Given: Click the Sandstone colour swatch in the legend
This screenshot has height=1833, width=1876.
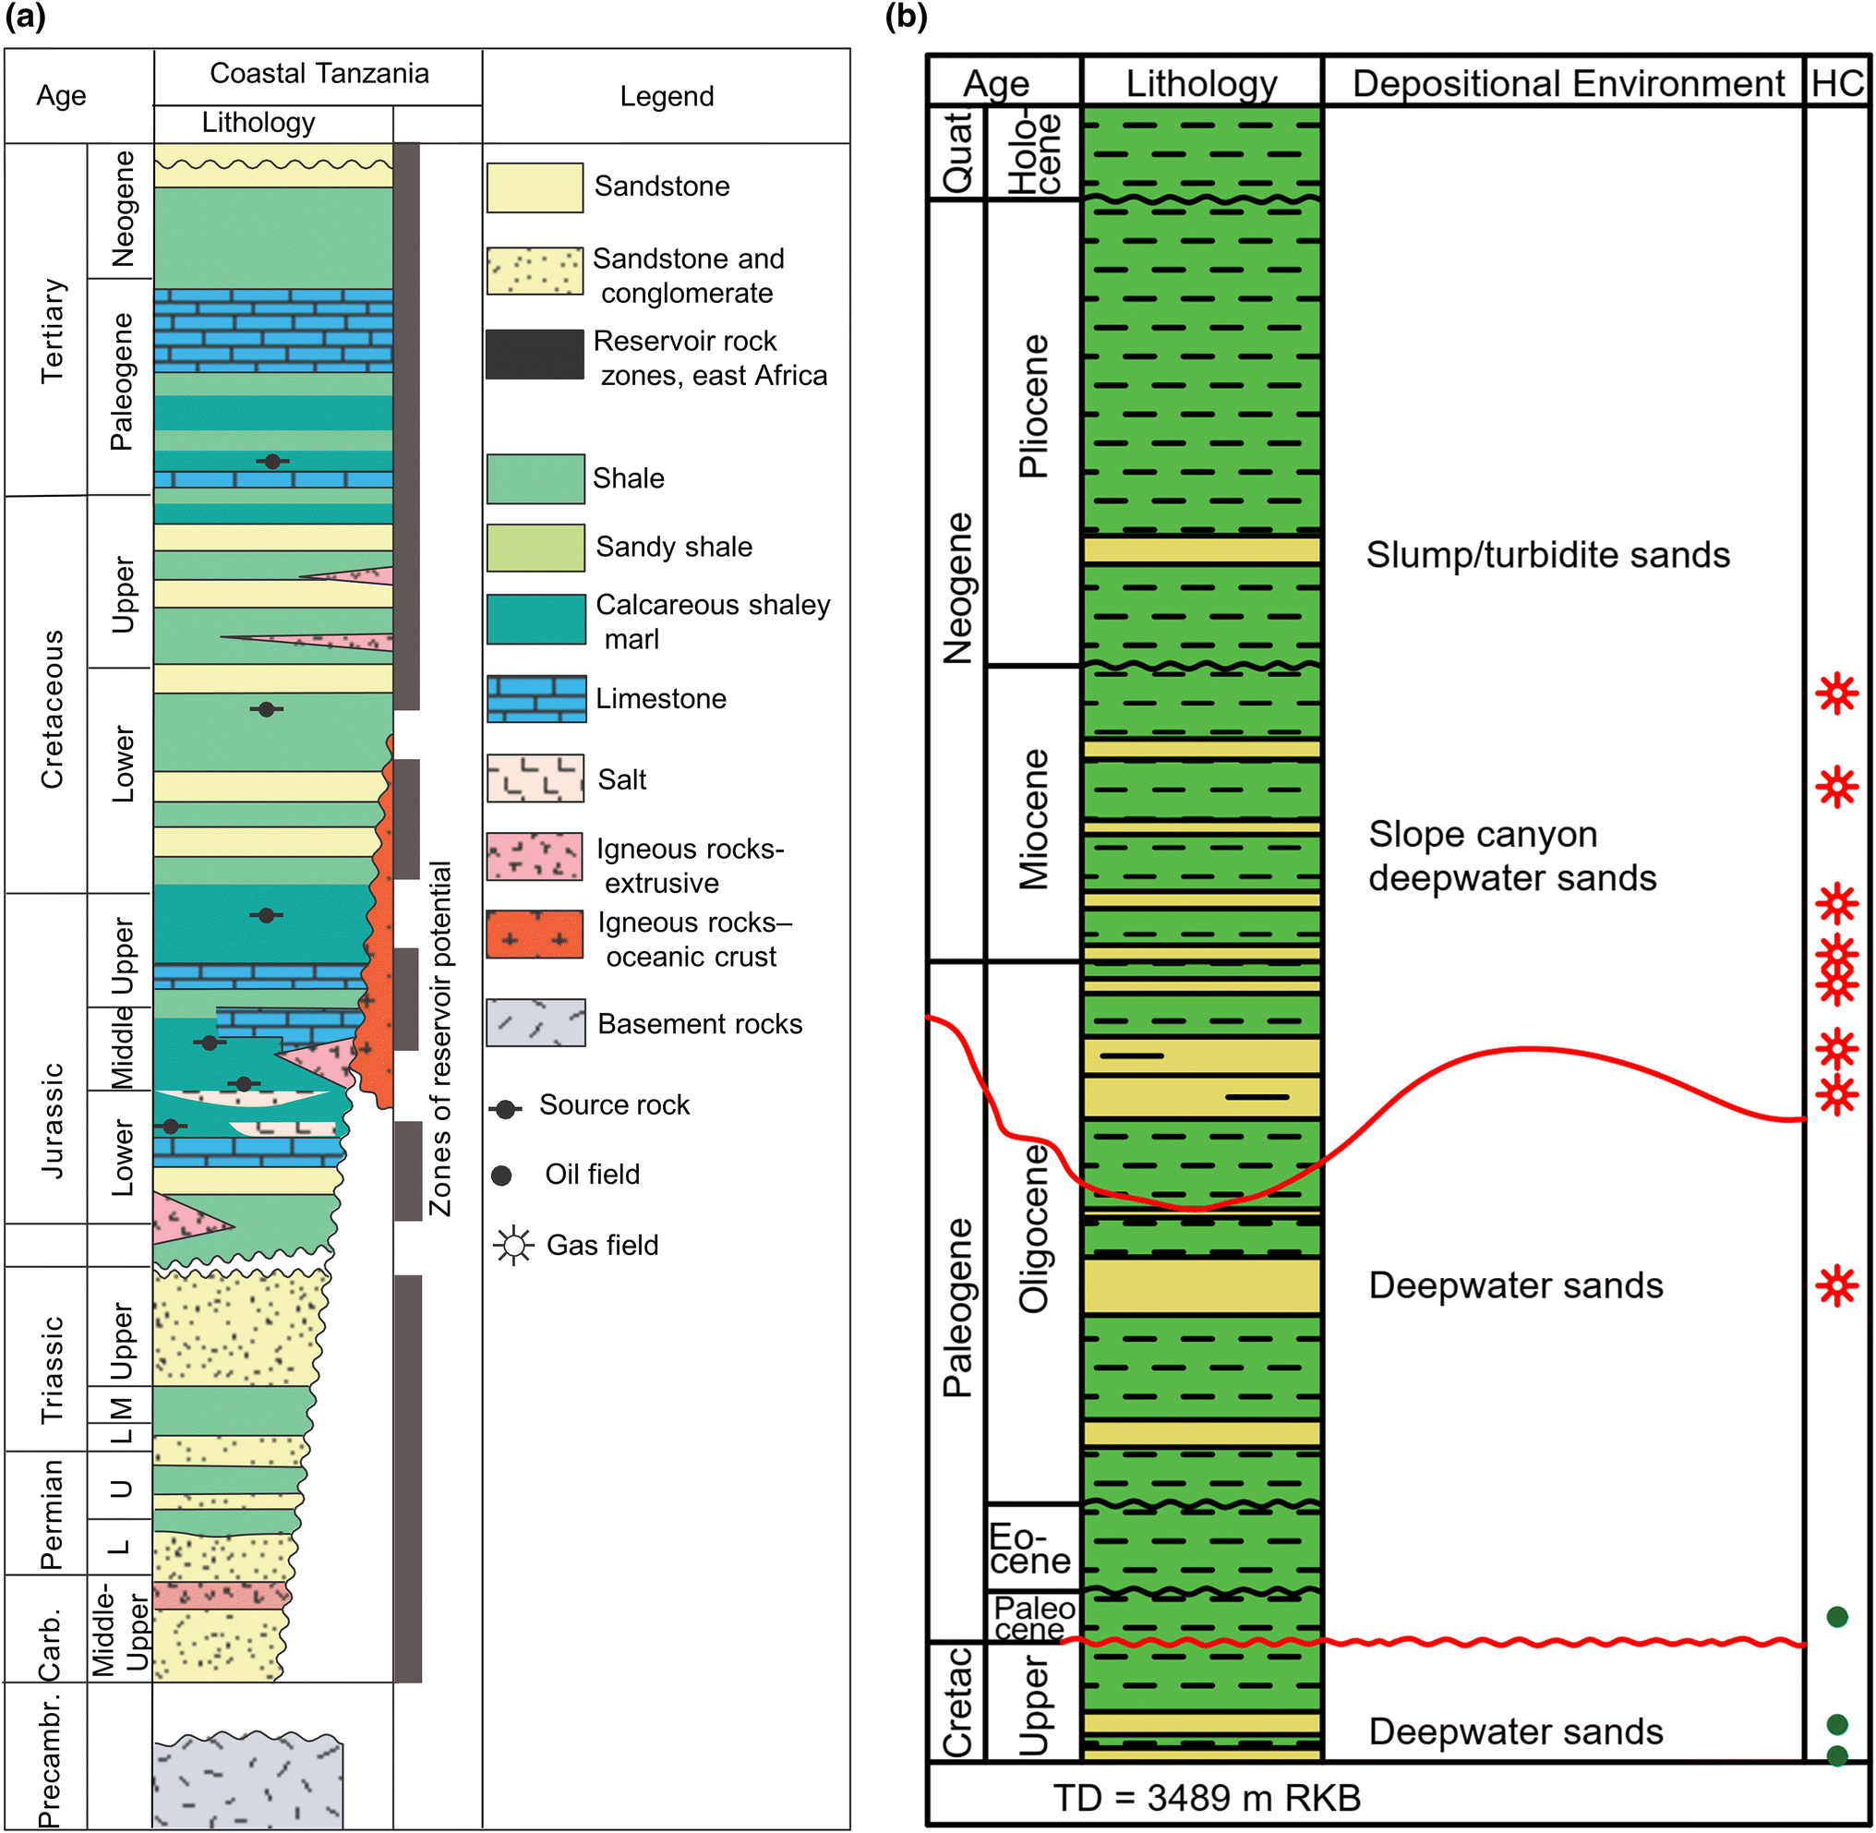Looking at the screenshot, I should point(535,187).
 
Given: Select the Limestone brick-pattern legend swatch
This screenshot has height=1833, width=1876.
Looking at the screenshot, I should point(536,699).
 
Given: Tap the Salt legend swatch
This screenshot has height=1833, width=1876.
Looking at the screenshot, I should point(535,778).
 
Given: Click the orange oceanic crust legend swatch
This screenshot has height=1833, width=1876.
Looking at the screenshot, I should point(535,935).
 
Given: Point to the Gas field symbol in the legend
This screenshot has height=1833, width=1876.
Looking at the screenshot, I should point(513,1246).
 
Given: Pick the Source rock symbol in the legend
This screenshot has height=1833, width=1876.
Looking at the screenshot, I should point(505,1109).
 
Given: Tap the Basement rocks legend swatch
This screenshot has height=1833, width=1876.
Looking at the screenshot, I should point(535,1022).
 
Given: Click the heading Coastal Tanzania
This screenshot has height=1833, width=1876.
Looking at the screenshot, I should point(319,74).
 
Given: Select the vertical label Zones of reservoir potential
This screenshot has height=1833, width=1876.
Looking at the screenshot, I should point(439,1040).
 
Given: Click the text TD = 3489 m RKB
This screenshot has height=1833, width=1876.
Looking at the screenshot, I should point(1206,1797).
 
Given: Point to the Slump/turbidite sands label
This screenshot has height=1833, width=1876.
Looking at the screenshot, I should point(1546,556).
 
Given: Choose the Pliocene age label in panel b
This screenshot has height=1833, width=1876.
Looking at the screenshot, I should point(1034,406).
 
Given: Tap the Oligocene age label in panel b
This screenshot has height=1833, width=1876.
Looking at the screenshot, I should point(1034,1228).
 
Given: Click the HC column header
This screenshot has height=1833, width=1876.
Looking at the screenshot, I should point(1836,84).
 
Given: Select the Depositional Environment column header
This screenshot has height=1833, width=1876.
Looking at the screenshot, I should point(1568,84).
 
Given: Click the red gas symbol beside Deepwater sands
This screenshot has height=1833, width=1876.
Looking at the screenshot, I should point(1836,1285).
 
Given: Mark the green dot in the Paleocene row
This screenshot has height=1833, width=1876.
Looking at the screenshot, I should point(1836,1616).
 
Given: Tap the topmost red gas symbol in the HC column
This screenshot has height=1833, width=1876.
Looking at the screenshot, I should point(1836,693).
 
